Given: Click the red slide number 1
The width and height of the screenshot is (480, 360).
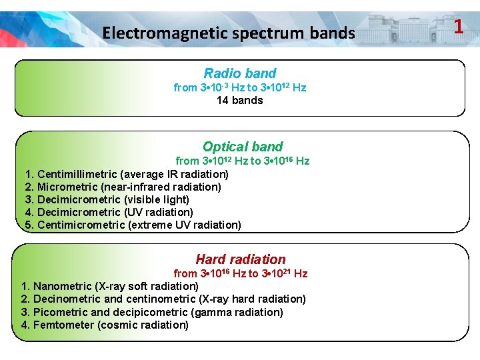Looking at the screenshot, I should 458,27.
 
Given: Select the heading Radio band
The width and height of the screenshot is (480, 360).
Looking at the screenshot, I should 240,73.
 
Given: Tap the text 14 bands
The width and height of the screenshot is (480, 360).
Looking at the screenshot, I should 240,100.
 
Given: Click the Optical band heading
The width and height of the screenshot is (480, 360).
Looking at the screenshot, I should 243,147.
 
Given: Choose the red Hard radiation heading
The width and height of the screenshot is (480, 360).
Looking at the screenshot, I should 240,259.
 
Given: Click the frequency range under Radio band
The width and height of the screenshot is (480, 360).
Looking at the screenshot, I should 240,87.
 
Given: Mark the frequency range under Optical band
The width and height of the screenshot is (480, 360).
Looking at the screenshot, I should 243,161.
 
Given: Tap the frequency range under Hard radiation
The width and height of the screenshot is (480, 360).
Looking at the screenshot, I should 240,273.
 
